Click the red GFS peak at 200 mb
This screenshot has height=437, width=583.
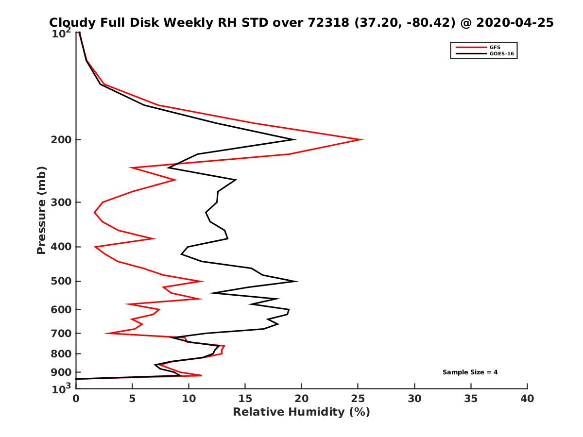pos(362,140)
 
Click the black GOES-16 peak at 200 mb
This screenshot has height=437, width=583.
pos(295,140)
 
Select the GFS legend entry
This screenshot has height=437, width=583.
pos(495,47)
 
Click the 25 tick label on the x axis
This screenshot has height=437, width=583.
pos(358,399)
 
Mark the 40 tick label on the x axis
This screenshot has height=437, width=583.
pos(527,399)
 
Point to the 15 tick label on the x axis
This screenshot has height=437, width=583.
pos(245,399)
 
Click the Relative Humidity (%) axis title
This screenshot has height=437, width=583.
pos(301,412)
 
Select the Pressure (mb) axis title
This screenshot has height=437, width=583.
pos(41,210)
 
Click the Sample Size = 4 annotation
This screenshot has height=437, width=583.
pos(470,372)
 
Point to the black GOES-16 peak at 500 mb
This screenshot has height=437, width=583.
pos(297,281)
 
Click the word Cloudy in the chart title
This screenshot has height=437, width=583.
pos(71,23)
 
